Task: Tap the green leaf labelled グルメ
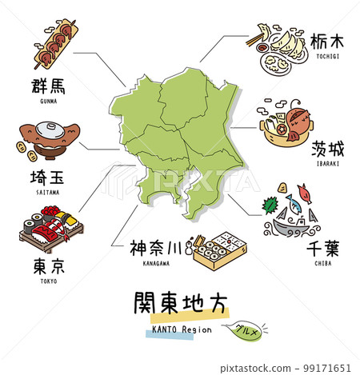point(246,329)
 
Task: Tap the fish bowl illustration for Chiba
point(293,215)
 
